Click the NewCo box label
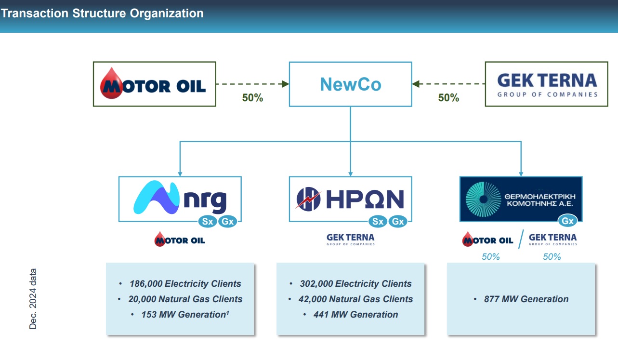coord(350,84)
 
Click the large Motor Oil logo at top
coord(153,83)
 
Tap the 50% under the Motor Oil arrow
coord(252,98)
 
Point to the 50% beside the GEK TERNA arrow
coord(448,98)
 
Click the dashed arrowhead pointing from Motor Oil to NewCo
coord(285,84)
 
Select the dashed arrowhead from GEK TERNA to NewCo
coord(416,84)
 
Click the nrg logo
coord(180,198)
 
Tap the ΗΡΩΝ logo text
coord(365,199)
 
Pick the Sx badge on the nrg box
coord(208,221)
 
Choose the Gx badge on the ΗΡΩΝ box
coord(398,221)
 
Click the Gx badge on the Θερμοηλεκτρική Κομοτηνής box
coord(567,221)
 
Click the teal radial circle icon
coord(483,199)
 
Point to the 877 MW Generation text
coord(526,299)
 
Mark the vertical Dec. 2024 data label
coord(33,299)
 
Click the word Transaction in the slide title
coord(35,13)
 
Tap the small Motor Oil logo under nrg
coord(180,240)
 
